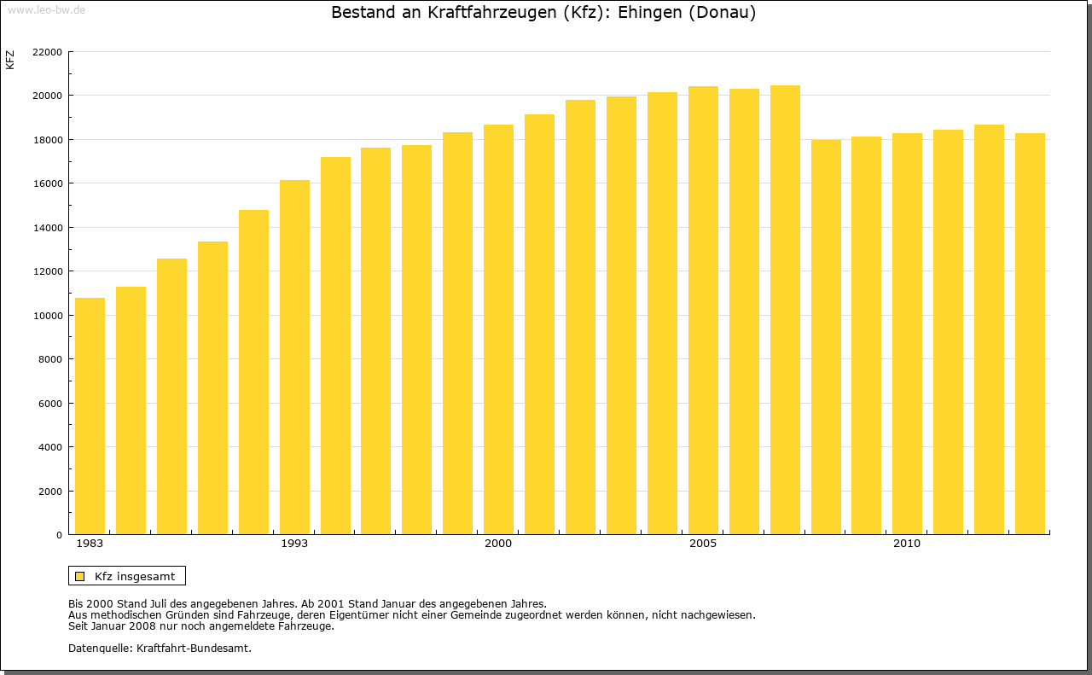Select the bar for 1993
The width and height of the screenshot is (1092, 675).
click(x=294, y=358)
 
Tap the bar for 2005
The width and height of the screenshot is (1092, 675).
click(x=703, y=311)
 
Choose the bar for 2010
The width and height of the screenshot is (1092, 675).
click(x=907, y=334)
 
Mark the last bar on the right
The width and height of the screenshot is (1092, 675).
click(x=1030, y=334)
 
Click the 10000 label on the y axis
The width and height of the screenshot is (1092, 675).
click(x=47, y=316)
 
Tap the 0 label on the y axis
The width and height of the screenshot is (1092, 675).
click(x=59, y=535)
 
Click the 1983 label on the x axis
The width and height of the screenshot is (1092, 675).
click(x=90, y=544)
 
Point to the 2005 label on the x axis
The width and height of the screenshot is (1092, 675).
click(x=703, y=544)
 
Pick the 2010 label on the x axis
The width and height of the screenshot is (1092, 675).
click(x=907, y=544)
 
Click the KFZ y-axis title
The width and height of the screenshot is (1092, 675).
click(x=10, y=60)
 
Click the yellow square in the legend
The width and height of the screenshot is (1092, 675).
click(x=79, y=577)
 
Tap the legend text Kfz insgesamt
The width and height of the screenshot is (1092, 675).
click(x=135, y=577)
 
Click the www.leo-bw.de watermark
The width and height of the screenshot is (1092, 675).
click(x=46, y=9)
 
